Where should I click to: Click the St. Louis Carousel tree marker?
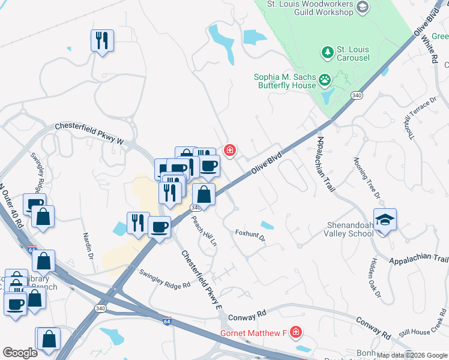(327, 53)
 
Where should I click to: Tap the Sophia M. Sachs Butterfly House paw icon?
(325, 79)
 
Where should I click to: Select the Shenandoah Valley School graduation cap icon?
(385, 219)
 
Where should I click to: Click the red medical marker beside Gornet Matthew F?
(295, 332)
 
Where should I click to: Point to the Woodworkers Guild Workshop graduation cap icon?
(362, 7)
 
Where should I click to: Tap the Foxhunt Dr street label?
(250, 235)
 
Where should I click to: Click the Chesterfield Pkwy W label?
(89, 134)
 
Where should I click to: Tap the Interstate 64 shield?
(167, 321)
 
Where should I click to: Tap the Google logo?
(20, 353)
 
